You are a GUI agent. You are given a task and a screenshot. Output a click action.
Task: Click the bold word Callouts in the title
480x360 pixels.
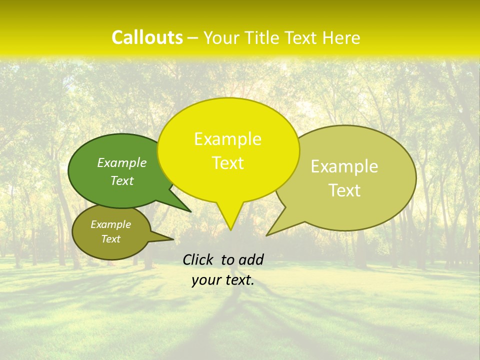147,37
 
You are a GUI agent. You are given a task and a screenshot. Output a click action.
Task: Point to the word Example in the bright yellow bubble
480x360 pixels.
227,139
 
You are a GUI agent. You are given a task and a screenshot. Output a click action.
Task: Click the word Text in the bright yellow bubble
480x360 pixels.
227,163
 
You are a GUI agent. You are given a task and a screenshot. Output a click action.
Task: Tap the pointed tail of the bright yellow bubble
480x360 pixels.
230,226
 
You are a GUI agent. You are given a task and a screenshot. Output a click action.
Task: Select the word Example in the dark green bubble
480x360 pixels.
122,162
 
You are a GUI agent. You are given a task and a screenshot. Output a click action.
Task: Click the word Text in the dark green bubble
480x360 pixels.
122,180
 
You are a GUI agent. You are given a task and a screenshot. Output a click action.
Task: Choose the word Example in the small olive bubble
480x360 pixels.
110,224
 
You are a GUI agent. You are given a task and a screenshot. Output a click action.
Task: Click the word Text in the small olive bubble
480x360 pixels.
110,239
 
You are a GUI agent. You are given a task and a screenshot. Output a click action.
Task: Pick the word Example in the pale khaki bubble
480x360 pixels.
344,166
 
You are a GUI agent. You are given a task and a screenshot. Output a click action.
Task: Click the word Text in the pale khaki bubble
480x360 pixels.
344,190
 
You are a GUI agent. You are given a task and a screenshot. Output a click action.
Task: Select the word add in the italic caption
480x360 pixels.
251,259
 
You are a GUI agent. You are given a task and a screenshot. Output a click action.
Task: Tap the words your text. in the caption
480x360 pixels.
223,280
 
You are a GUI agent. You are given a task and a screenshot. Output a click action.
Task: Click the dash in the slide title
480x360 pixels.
193,37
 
